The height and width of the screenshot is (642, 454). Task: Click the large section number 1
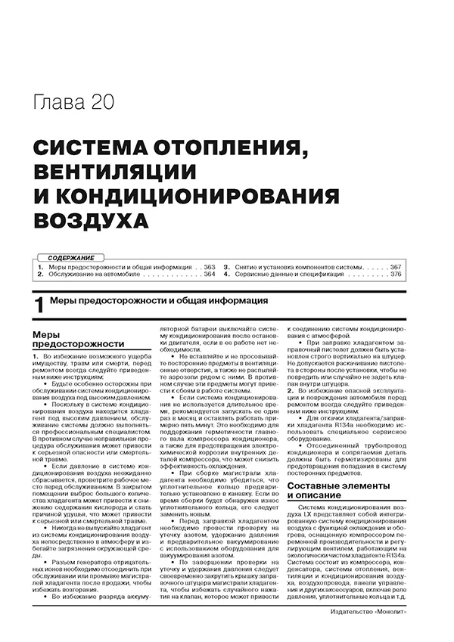click(39, 305)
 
